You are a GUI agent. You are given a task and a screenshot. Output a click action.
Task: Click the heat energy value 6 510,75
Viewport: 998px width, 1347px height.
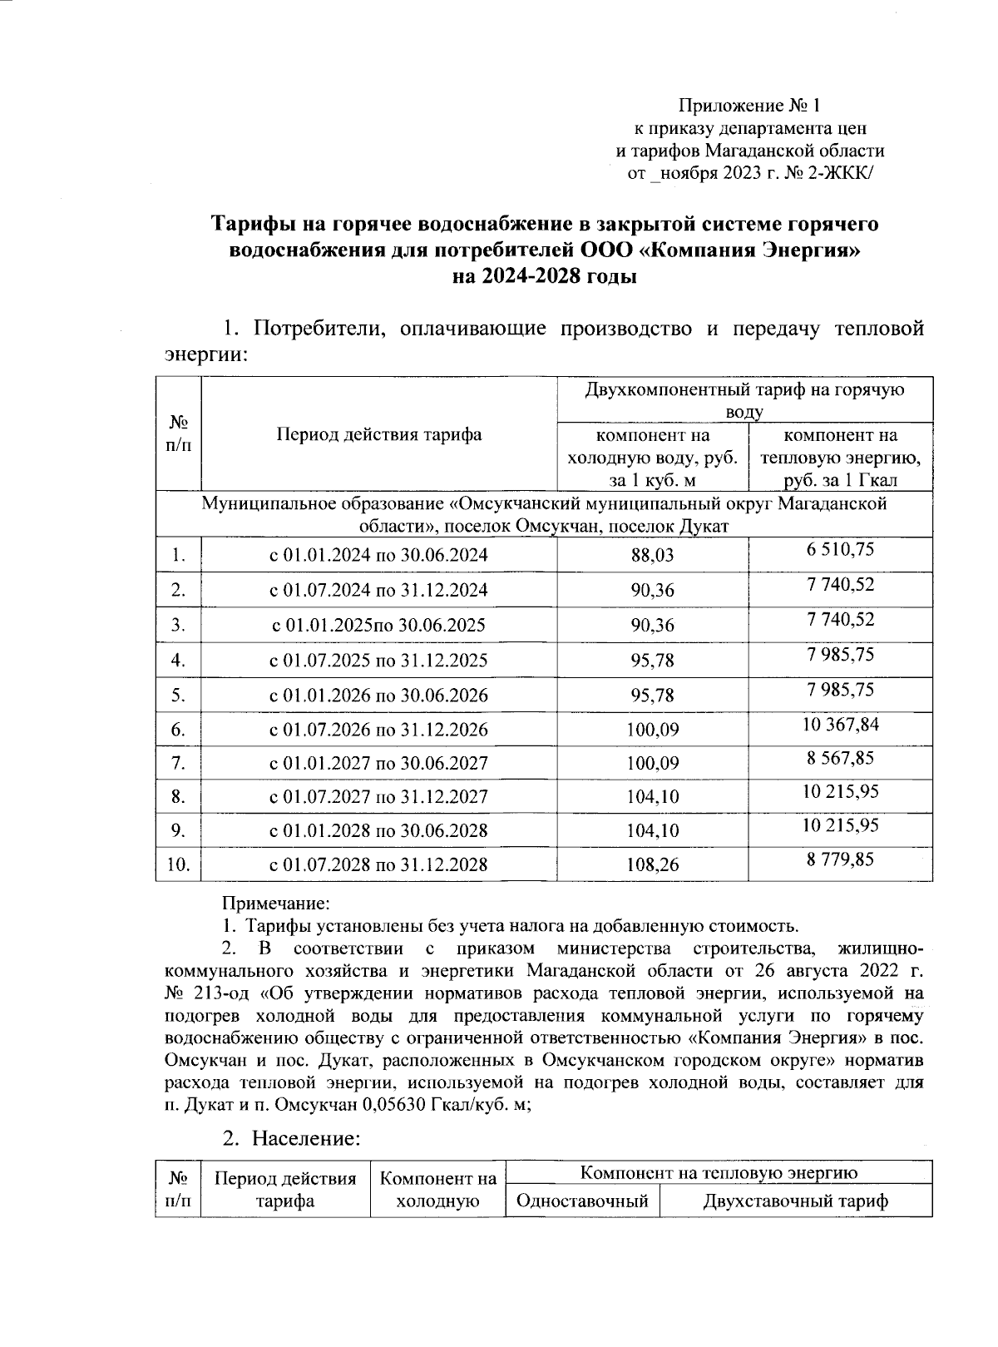[x=840, y=549]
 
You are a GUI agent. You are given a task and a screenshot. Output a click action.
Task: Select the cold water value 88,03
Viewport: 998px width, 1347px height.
[x=652, y=555]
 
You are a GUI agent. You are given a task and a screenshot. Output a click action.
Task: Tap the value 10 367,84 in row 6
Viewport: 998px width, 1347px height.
[x=840, y=724]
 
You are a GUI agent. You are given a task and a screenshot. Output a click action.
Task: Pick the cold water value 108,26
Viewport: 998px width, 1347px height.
[x=652, y=864]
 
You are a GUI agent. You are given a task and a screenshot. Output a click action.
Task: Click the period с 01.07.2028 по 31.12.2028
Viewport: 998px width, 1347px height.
[x=378, y=864]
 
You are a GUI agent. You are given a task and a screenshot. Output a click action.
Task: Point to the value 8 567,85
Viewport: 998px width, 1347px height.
[x=840, y=758]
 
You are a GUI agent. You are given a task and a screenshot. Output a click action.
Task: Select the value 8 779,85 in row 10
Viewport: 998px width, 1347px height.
[x=840, y=859]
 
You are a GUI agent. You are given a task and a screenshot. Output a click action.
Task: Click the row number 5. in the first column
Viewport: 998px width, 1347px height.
[x=177, y=695]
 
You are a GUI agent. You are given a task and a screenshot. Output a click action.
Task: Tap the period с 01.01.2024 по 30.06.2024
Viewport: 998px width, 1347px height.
[x=378, y=555]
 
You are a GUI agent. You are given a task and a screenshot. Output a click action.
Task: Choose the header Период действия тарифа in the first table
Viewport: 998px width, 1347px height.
[x=378, y=434]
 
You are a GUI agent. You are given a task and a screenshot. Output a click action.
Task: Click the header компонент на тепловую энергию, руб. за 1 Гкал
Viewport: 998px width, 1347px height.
[x=840, y=458]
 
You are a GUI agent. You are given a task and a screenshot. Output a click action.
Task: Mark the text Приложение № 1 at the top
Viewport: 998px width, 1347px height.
[x=749, y=106]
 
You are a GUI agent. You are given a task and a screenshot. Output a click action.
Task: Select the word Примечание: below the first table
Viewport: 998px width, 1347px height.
[x=276, y=903]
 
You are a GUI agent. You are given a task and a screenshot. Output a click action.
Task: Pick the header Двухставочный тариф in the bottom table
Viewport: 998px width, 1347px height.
[x=795, y=1201]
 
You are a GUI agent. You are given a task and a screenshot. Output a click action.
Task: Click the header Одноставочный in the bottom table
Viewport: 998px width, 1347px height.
[x=582, y=1201]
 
